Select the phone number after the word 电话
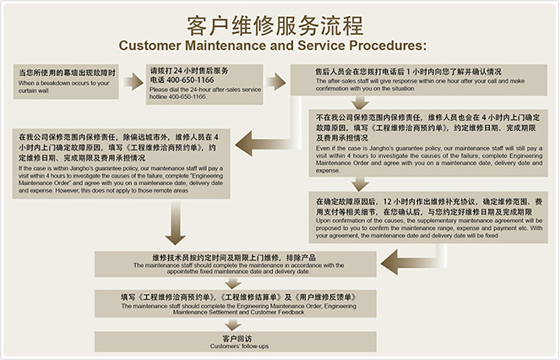coord(193,80)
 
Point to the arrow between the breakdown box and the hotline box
coord(132,81)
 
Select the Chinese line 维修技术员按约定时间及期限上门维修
coord(237,256)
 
